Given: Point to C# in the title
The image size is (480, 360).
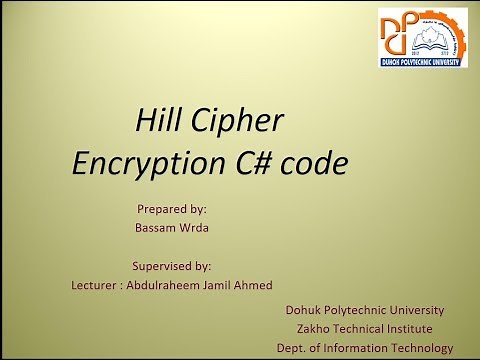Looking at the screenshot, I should click(246, 163).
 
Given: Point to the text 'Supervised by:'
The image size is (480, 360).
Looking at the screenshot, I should click(171, 266).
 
